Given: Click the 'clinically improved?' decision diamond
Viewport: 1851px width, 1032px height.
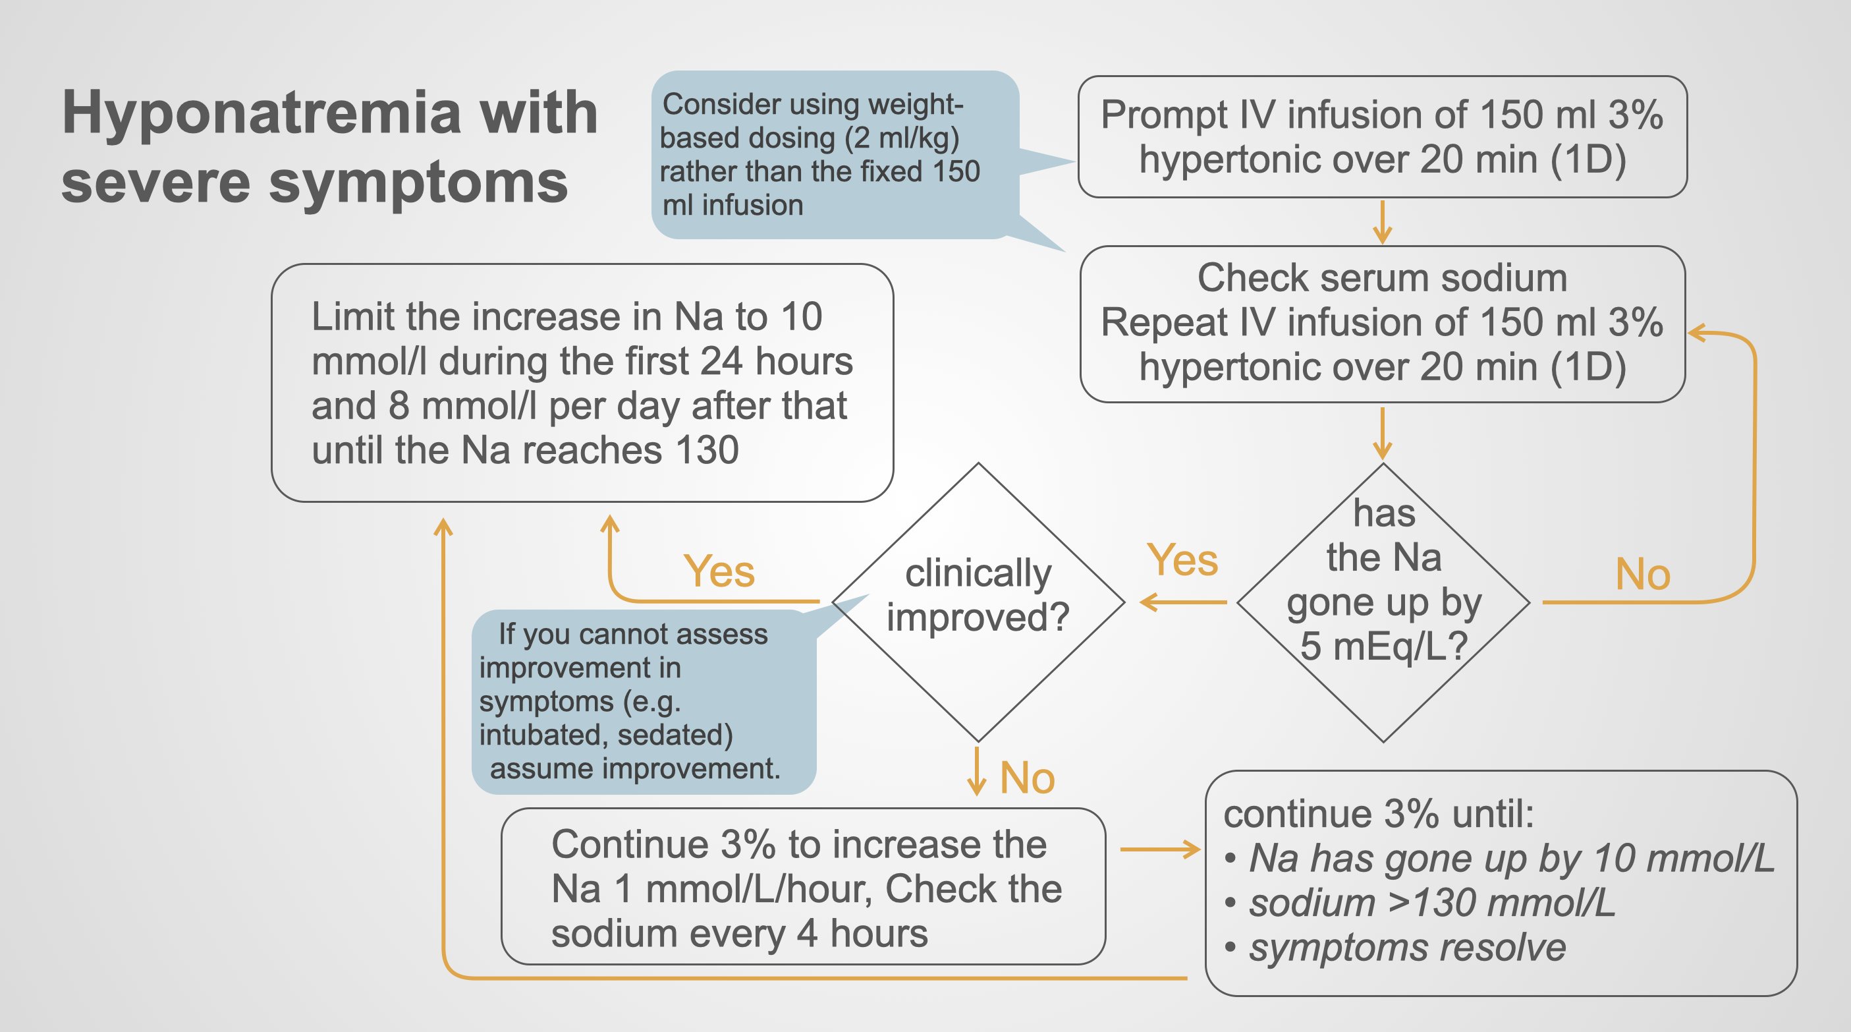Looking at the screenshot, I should pyautogui.click(x=978, y=596).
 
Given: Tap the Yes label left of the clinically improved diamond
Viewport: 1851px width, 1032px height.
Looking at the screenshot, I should pyautogui.click(x=719, y=572).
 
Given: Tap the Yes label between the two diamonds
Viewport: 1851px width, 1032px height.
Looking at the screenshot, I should pyautogui.click(x=1182, y=561).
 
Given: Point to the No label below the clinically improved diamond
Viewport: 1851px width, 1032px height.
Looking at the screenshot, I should pyautogui.click(x=1027, y=778).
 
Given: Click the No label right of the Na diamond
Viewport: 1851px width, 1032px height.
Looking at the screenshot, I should pyautogui.click(x=1643, y=575).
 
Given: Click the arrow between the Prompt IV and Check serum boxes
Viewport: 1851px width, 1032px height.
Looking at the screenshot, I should pyautogui.click(x=1382, y=222).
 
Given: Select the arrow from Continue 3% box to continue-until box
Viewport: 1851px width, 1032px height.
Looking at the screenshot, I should pyautogui.click(x=1160, y=849).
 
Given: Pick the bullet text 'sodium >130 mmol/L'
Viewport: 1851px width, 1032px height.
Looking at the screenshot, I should pyautogui.click(x=1431, y=903).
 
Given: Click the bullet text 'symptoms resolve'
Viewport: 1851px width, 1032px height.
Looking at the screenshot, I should pyautogui.click(x=1407, y=947).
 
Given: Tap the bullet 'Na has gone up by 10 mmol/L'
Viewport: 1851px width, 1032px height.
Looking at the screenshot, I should pyautogui.click(x=1511, y=859).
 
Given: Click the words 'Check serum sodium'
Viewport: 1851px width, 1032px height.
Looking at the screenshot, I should pyautogui.click(x=1382, y=278).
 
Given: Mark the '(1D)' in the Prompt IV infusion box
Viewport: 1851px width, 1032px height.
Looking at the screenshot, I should pyautogui.click(x=1588, y=159).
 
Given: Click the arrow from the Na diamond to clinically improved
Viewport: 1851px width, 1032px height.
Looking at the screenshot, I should pyautogui.click(x=1184, y=602).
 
